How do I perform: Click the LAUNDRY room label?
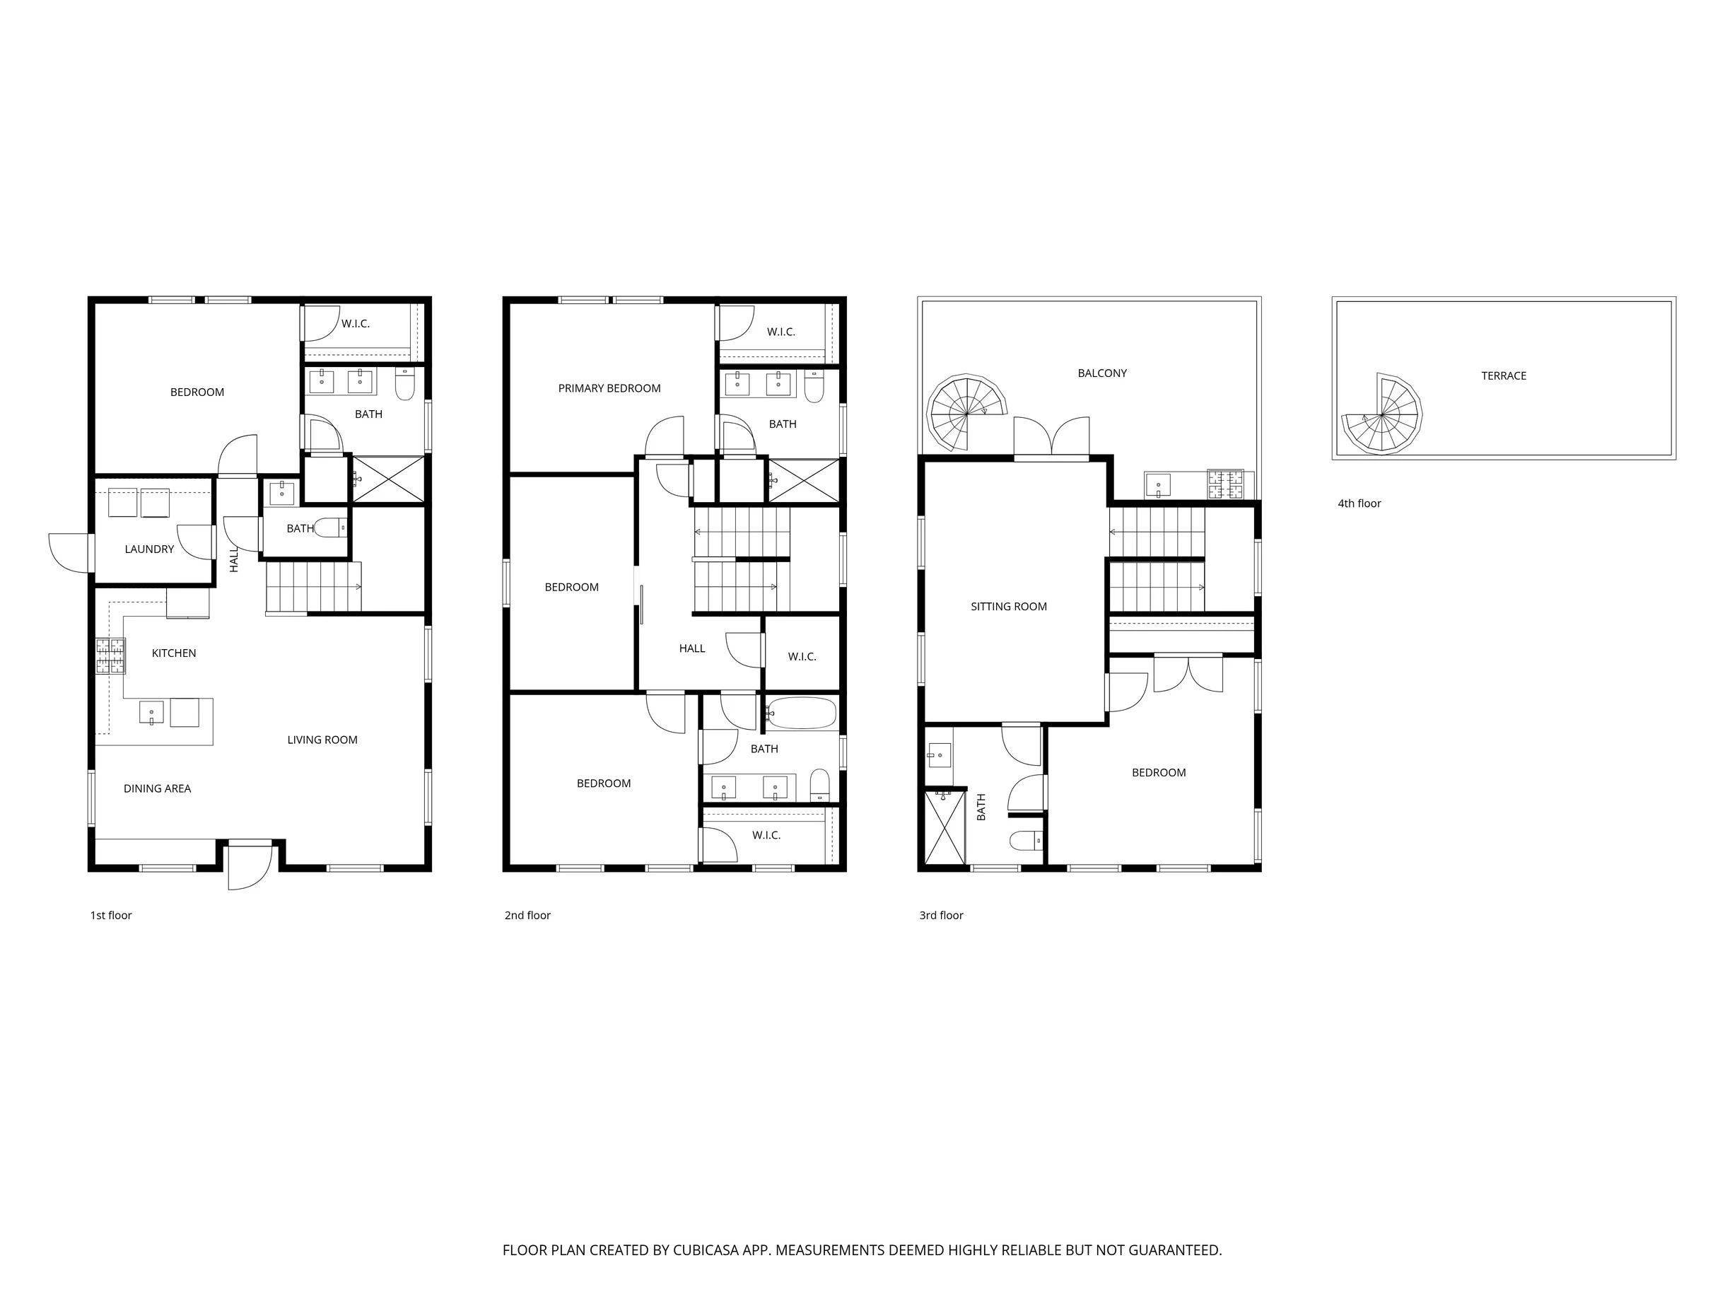coord(149,549)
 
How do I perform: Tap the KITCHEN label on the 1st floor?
coord(174,653)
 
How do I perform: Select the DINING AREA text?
coord(157,788)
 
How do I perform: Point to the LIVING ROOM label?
coord(322,740)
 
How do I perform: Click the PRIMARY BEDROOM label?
coord(609,387)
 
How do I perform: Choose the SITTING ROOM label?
coord(1008,606)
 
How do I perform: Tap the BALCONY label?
coord(1102,373)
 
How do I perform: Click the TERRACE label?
coord(1504,375)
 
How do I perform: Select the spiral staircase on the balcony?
coord(966,414)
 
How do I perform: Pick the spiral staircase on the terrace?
coord(1381,414)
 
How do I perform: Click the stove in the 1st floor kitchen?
coord(111,655)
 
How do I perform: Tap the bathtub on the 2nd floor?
coord(801,713)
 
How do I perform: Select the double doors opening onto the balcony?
coord(1051,438)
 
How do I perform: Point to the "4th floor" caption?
coord(1359,503)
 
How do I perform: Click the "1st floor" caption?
coord(111,915)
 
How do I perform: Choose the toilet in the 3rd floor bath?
coord(1026,840)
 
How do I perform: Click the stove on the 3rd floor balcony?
coord(1225,484)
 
